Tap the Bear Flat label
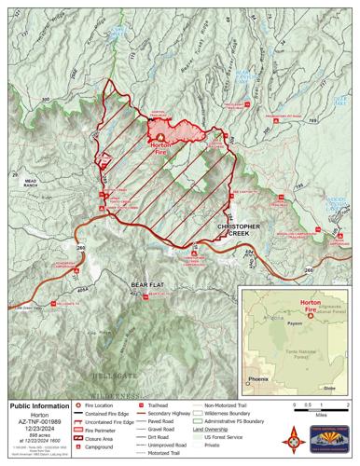[147, 282]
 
